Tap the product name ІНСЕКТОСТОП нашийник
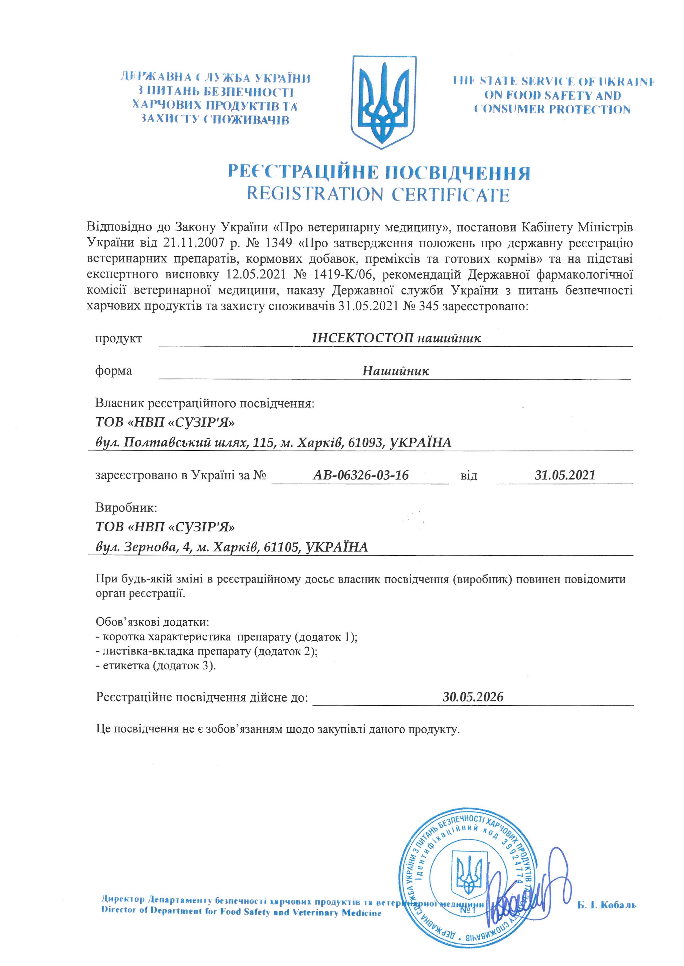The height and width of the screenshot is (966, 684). tap(396, 338)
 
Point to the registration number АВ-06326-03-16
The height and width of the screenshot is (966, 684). tap(361, 475)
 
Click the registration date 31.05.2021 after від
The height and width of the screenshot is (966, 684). tap(565, 475)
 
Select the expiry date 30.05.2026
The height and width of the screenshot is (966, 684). tap(473, 696)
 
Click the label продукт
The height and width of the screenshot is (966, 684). tap(118, 338)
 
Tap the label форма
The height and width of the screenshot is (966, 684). tap(113, 371)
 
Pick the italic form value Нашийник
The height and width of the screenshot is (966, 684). tap(395, 371)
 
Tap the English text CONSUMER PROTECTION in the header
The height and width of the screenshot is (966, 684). tap(552, 109)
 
